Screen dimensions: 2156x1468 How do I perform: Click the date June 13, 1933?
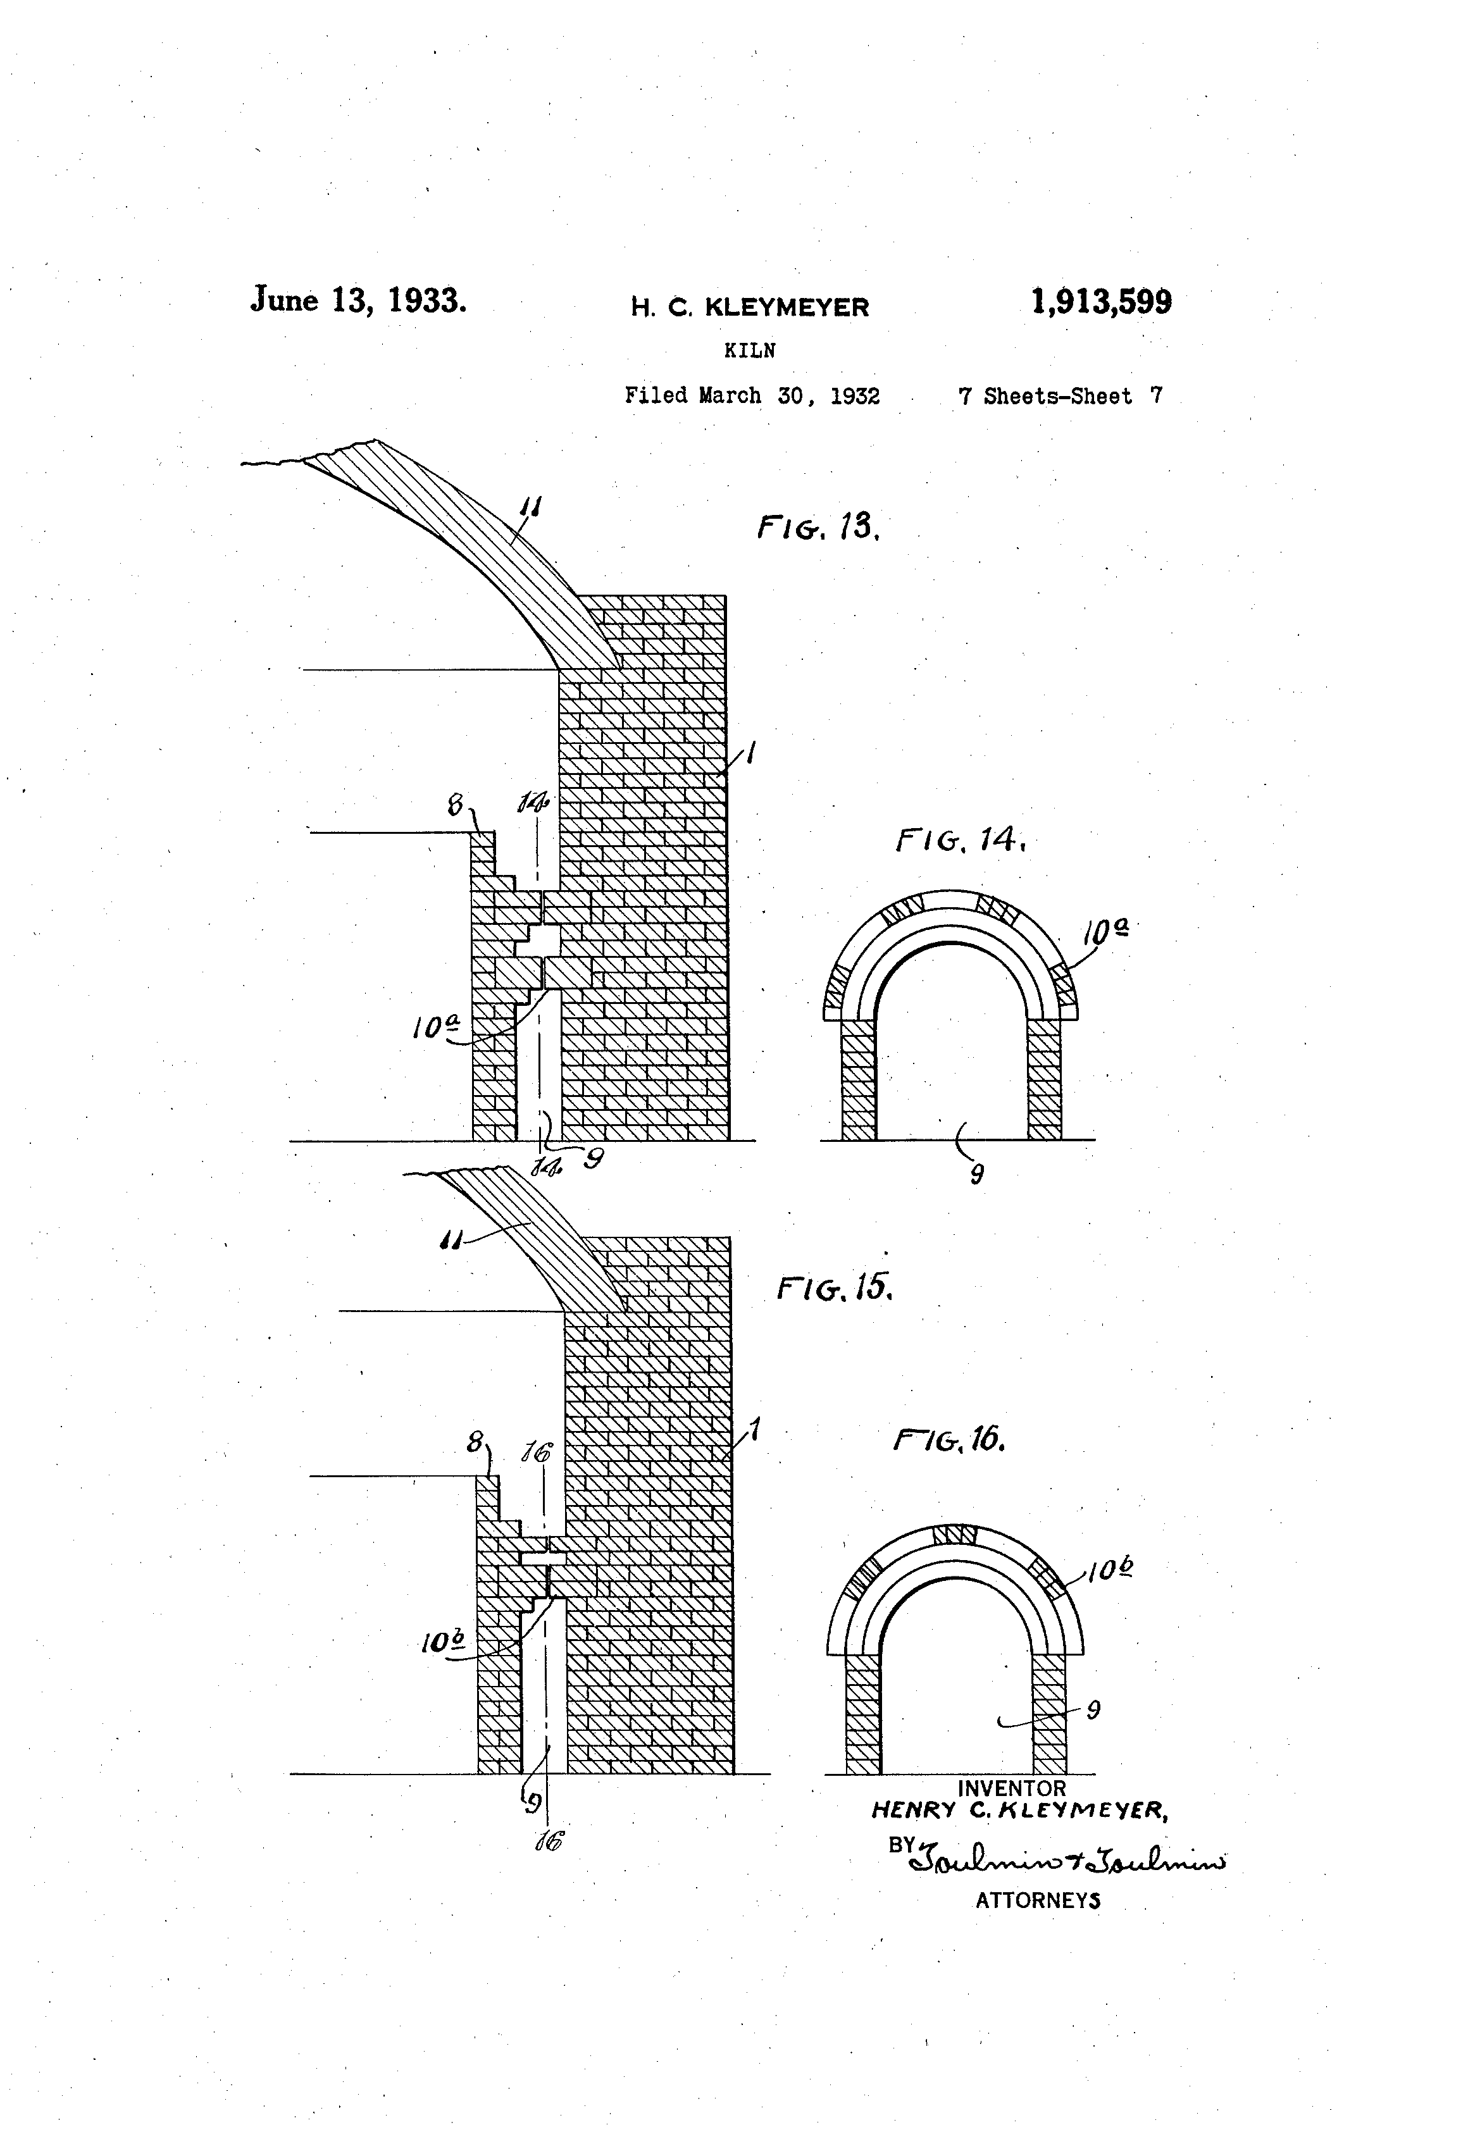(358, 300)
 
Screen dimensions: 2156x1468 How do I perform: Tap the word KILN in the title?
(750, 350)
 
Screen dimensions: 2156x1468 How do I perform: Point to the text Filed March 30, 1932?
(752, 396)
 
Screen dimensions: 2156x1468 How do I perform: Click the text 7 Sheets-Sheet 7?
(1060, 396)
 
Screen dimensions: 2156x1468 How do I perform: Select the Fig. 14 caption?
(961, 841)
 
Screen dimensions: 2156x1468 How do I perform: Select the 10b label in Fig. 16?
(1110, 1570)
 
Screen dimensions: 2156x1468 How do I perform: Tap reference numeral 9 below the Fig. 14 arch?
(976, 1175)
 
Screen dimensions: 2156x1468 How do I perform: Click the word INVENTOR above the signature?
(1011, 1788)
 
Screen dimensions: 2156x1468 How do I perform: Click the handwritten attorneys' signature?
(1067, 1856)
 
